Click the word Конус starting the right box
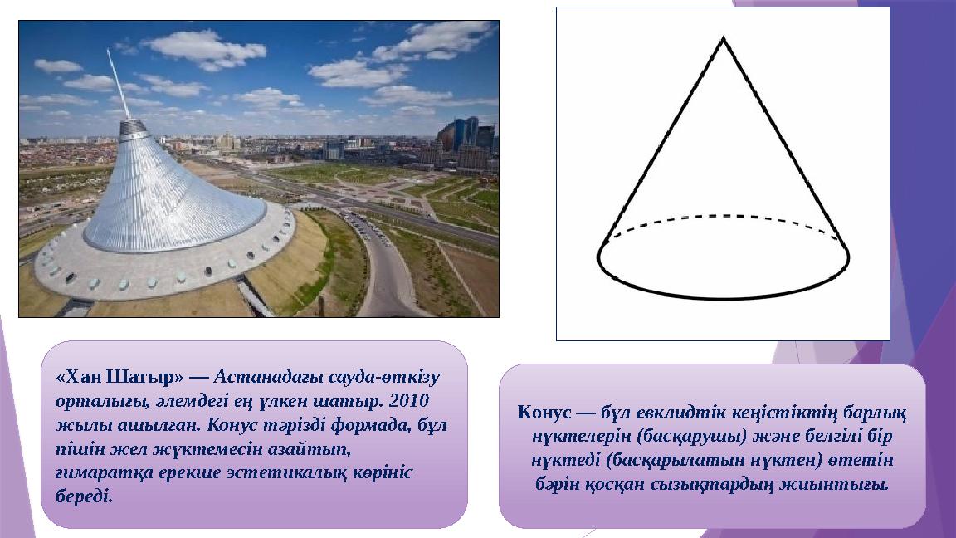click(x=544, y=411)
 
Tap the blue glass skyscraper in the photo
click(x=466, y=133)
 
